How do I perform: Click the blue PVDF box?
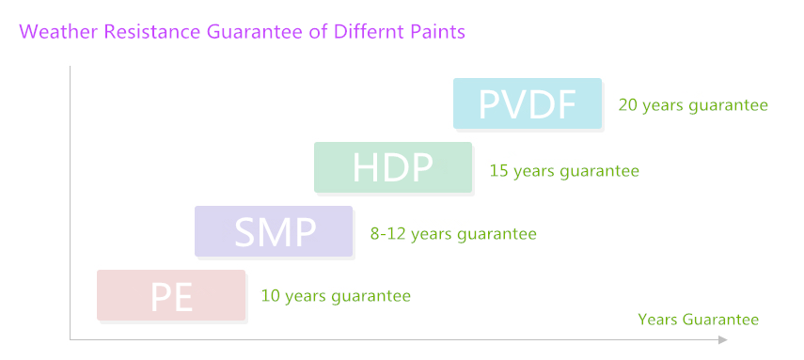[x=527, y=103]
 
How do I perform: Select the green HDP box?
[x=393, y=167]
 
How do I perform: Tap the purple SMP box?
[x=274, y=231]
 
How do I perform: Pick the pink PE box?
[x=171, y=295]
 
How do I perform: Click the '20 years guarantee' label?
[x=693, y=105]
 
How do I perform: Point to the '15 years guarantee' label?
[x=564, y=171]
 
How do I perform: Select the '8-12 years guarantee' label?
[x=453, y=233]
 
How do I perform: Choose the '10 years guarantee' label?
[x=336, y=296]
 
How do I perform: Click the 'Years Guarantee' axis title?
[x=698, y=320]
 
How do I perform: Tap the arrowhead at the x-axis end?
[x=722, y=339]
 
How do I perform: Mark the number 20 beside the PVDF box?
[x=627, y=105]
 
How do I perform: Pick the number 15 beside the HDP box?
[x=498, y=171]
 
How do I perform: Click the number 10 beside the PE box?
[x=270, y=296]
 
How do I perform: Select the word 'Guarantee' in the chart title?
[x=246, y=31]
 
